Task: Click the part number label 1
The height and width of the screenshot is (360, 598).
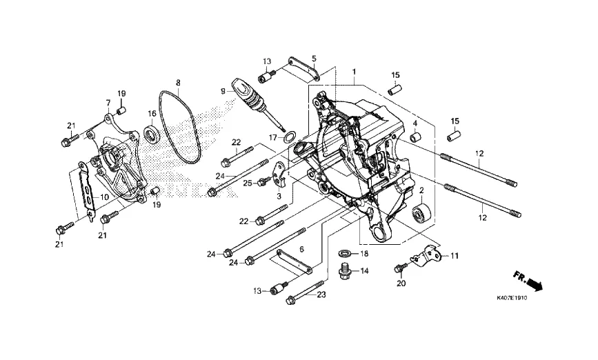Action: point(355,72)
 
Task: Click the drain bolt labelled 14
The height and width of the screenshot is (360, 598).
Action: point(346,270)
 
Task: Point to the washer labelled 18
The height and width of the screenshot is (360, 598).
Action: point(346,253)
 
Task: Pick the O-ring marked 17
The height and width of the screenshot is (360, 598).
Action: point(290,136)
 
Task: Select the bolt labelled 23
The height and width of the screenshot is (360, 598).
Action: point(306,292)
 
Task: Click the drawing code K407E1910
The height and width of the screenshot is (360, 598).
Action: point(512,298)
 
